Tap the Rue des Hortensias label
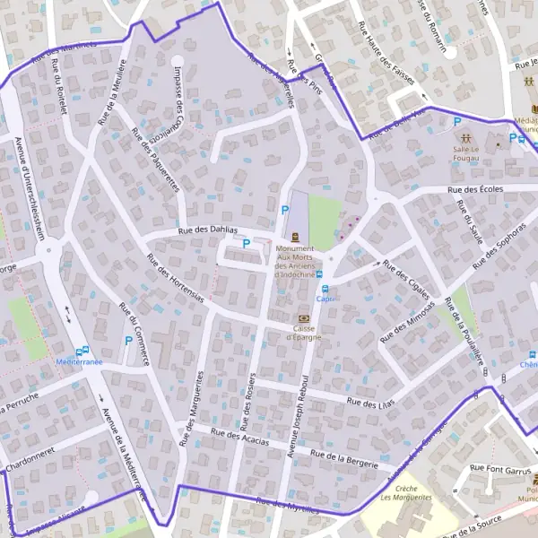click(175, 280)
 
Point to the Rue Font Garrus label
click(501, 468)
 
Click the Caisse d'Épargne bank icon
click(303, 318)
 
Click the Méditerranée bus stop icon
click(83, 351)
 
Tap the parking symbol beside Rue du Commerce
click(128, 341)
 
